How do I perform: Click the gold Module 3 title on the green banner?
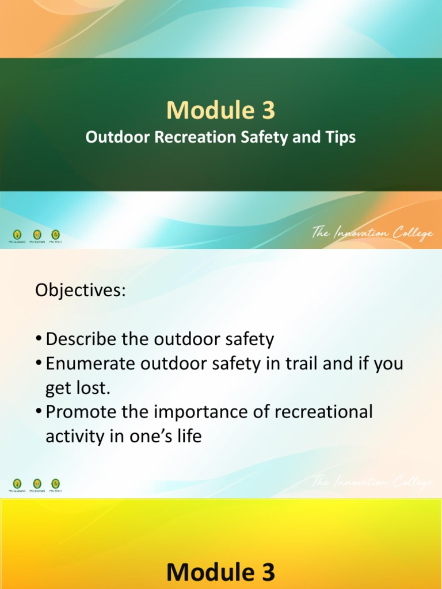[221, 110]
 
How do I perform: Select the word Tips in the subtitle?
[339, 138]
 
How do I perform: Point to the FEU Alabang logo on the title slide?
[17, 235]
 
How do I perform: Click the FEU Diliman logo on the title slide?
[37, 235]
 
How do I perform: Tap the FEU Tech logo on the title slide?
[55, 235]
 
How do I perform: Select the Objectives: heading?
[80, 290]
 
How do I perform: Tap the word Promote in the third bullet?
[78, 412]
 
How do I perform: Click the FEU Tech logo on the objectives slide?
[55, 484]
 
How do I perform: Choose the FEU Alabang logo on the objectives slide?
[17, 484]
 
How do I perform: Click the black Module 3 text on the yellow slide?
[221, 573]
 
